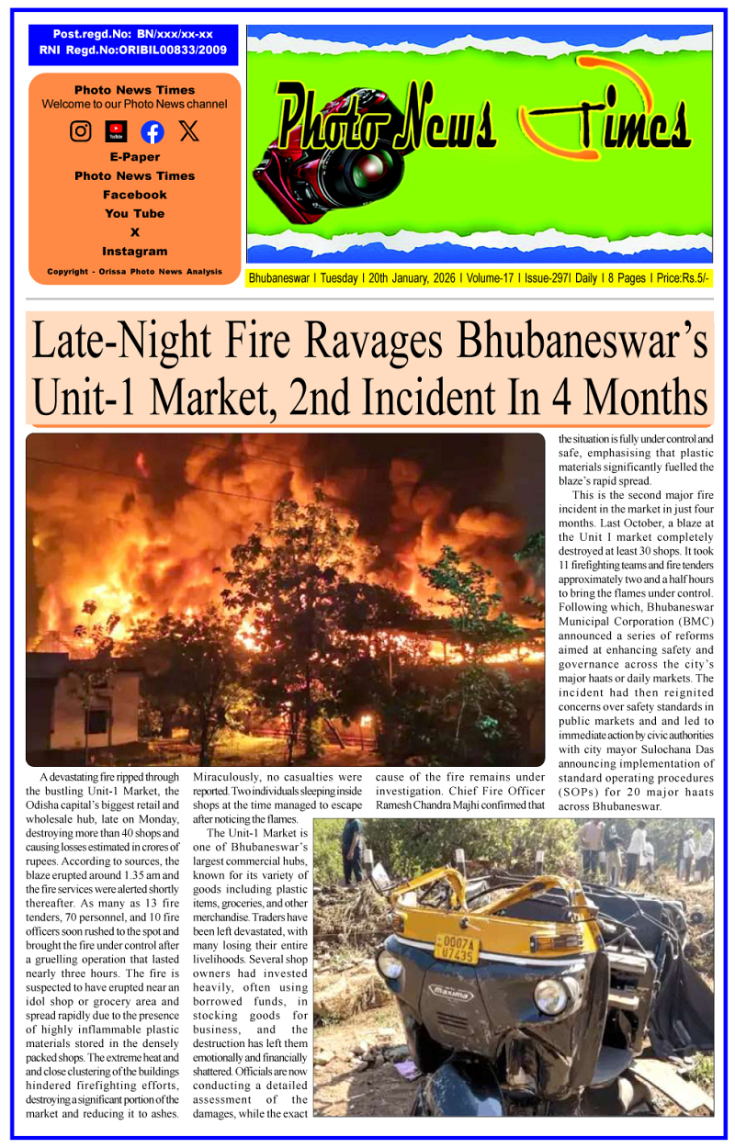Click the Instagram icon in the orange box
[81, 131]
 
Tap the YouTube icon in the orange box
[117, 131]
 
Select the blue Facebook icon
[153, 131]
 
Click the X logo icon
[188, 131]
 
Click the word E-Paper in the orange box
[134, 157]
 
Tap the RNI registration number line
[134, 51]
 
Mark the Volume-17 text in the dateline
[490, 278]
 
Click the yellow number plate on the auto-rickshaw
[457, 949]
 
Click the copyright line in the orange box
[134, 272]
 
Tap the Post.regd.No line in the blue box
[133, 34]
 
